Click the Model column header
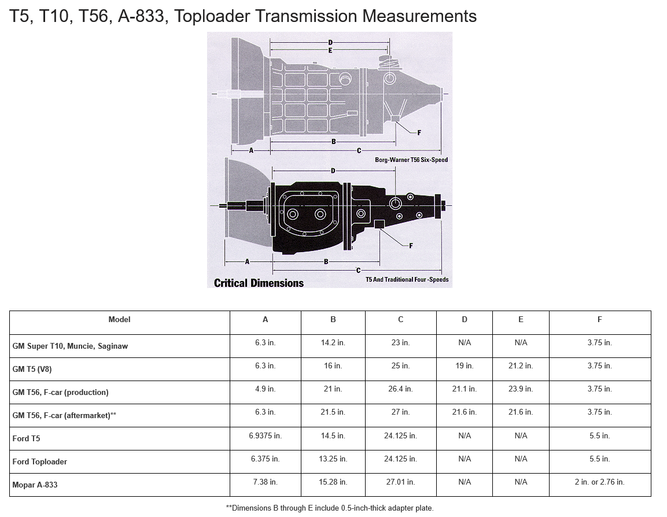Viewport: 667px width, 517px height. [x=119, y=319]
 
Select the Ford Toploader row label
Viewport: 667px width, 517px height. [x=39, y=461]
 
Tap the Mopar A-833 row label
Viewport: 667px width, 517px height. [x=35, y=485]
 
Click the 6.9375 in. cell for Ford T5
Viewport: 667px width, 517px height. [x=266, y=436]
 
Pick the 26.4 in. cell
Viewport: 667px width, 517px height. [x=400, y=389]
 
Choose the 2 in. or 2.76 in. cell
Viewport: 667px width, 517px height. [x=599, y=482]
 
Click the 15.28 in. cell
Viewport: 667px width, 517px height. [x=333, y=482]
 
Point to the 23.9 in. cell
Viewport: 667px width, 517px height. [x=521, y=389]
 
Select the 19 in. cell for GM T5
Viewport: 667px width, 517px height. [x=464, y=365]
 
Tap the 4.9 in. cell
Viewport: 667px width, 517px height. [x=266, y=389]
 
